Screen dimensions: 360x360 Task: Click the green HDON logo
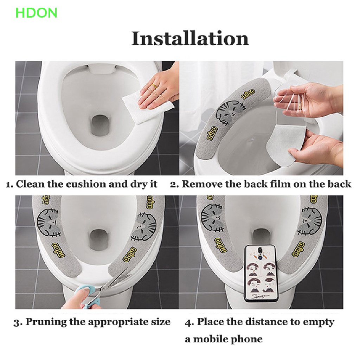pyautogui.click(x=36, y=13)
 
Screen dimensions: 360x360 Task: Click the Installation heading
pyautogui.click(x=190, y=39)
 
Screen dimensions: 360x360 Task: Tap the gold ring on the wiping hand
pyautogui.click(x=154, y=86)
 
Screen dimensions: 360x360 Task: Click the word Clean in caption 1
pyautogui.click(x=30, y=184)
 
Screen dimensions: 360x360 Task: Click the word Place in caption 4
pyautogui.click(x=210, y=322)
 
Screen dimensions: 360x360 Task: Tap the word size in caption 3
pyautogui.click(x=161, y=322)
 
